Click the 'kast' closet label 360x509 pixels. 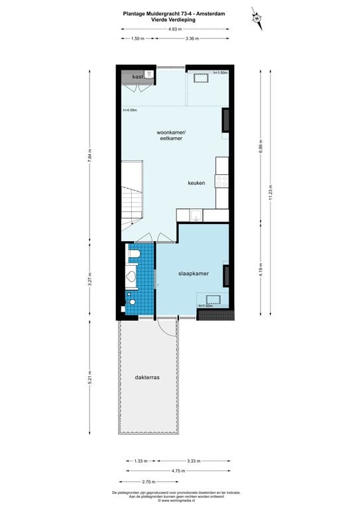tap(137, 77)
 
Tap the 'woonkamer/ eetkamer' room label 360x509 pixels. tap(172, 135)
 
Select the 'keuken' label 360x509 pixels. tap(196, 182)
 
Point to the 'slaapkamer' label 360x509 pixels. tap(194, 273)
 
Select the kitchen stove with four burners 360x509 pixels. tap(222, 179)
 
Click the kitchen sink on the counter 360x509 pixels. tap(195, 215)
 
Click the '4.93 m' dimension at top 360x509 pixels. tap(174, 29)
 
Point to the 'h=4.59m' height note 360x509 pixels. tap(129, 110)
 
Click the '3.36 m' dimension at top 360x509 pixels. tap(192, 38)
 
